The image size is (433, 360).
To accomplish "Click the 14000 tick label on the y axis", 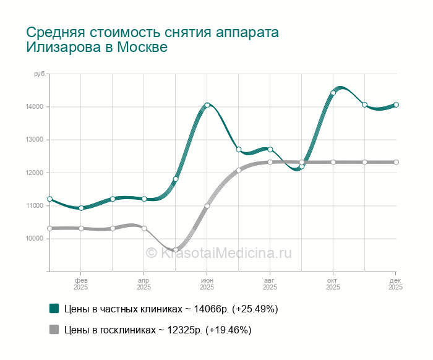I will click(x=35, y=107).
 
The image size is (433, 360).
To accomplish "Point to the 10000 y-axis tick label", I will click(x=35, y=239).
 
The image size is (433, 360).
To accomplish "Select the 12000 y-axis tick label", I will click(x=35, y=173).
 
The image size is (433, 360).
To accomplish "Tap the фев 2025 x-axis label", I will click(x=81, y=283).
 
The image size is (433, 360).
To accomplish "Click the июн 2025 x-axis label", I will click(x=207, y=283).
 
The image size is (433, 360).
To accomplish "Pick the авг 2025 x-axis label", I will click(x=270, y=283).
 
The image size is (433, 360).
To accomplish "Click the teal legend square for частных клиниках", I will click(x=54, y=309).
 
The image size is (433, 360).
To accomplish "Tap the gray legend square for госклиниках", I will click(x=54, y=330).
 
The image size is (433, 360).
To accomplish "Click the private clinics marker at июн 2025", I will click(x=207, y=105).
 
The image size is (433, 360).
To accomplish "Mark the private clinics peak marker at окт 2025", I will click(x=333, y=93).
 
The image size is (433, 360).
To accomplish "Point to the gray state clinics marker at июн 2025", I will click(x=207, y=206).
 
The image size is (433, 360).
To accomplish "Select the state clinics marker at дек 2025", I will click(x=396, y=162).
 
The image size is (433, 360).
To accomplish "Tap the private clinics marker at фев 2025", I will click(x=81, y=208).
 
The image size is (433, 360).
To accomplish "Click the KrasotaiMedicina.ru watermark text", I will click(x=218, y=253).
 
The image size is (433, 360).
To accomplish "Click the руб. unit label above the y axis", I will click(x=38, y=74).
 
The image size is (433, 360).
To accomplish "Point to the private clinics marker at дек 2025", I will click(x=396, y=105).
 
